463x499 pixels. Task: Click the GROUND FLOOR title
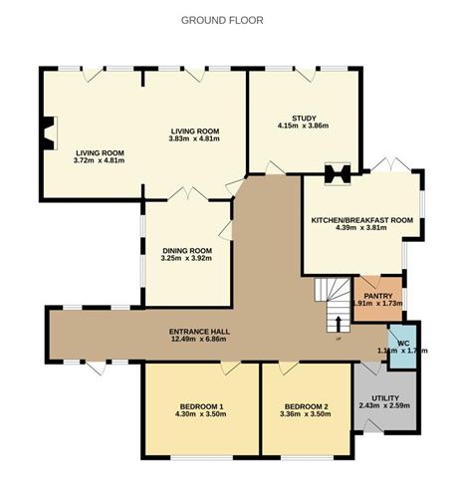click(222, 20)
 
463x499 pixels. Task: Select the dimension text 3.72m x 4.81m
click(102, 160)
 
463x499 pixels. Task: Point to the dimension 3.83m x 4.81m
click(195, 139)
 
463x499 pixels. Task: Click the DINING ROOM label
click(187, 250)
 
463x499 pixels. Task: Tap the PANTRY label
click(377, 295)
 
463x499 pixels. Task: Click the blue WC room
click(403, 346)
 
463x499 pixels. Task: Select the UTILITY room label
click(382, 395)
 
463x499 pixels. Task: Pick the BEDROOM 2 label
click(306, 405)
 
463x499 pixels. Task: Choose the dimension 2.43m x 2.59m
click(382, 405)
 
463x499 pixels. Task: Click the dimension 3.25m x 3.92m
click(187, 259)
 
